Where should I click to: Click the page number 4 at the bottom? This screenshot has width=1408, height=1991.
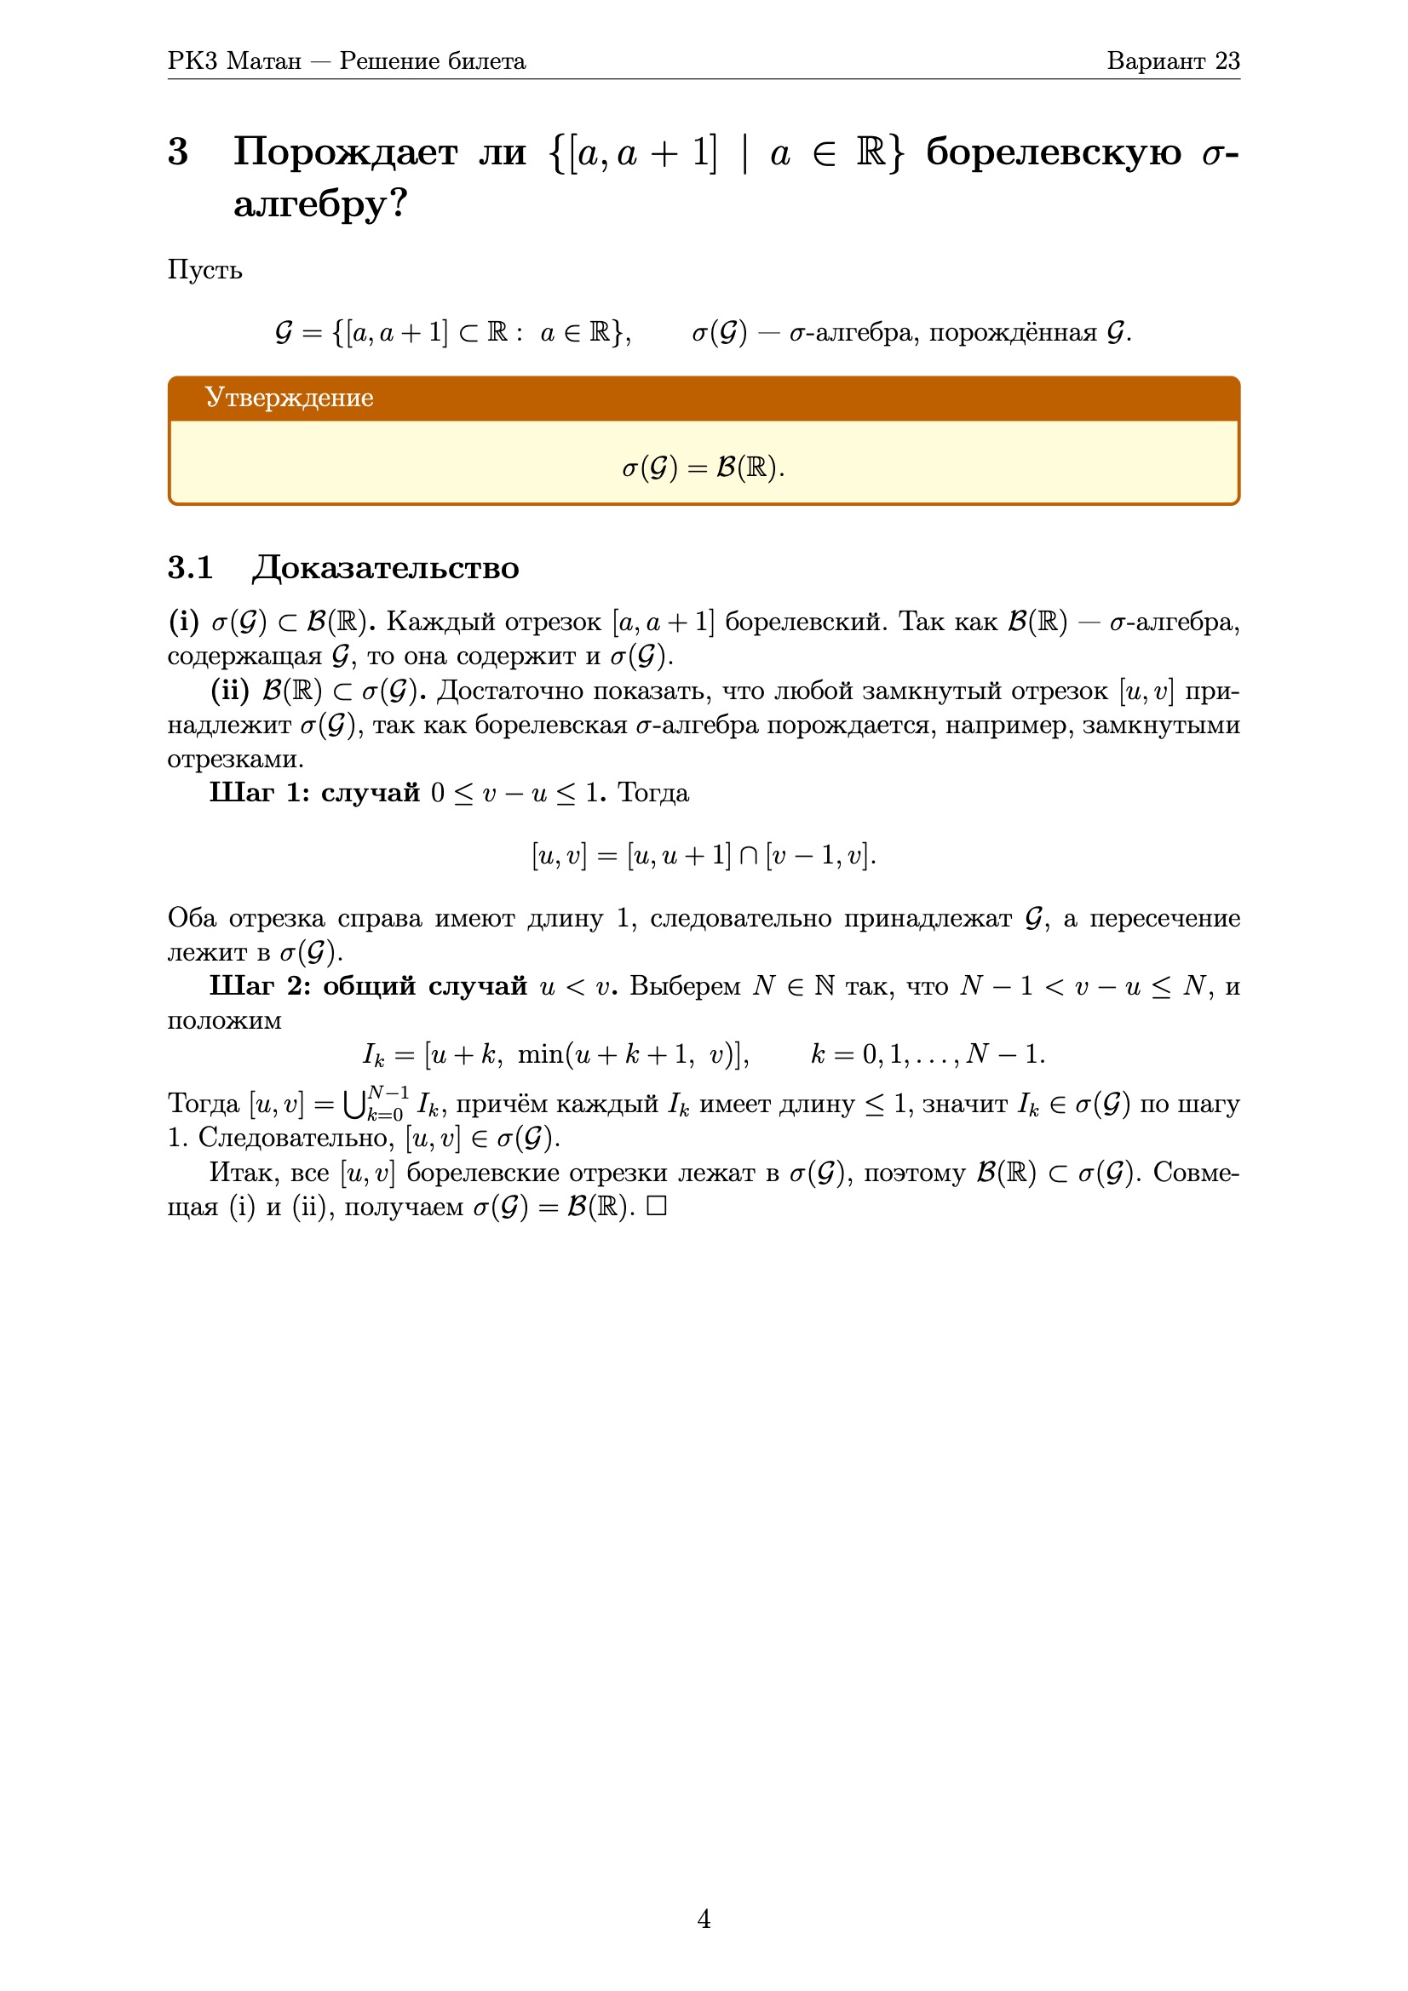(x=704, y=1918)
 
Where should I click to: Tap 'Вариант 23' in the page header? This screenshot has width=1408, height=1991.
(x=1173, y=60)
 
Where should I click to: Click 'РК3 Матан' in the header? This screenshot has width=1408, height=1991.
(x=234, y=60)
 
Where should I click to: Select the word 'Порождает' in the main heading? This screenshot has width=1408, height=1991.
(x=345, y=152)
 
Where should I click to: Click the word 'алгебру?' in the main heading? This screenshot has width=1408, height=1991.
(x=320, y=204)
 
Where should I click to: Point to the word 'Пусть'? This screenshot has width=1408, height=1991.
(x=204, y=271)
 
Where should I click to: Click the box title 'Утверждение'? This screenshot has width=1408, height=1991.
(x=289, y=397)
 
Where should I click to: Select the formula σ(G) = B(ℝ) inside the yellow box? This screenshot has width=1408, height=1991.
(x=704, y=468)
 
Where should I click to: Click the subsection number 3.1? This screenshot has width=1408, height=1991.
(x=190, y=568)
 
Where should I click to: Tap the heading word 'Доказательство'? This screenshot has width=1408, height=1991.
(x=386, y=568)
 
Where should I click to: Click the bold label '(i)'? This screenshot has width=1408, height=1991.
(x=183, y=622)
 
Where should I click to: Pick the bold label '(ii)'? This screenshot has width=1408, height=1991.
(x=229, y=691)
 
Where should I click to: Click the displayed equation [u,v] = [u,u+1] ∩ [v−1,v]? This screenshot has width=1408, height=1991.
(x=704, y=856)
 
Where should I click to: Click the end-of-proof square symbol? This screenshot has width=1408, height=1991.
(x=656, y=1206)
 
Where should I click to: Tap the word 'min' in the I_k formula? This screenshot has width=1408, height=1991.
(x=539, y=1054)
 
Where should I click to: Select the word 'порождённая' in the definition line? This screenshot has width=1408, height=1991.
(x=1013, y=333)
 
